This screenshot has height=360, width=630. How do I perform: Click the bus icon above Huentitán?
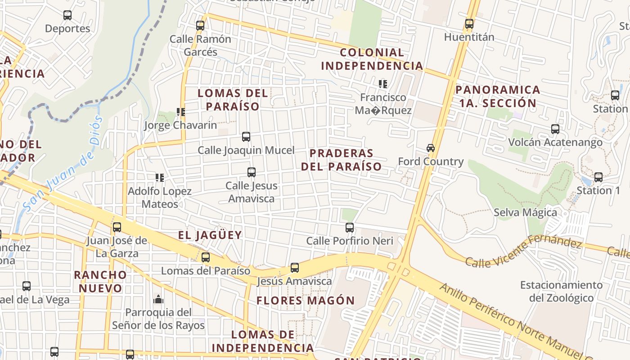469,24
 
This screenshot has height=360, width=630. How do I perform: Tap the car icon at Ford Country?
431,148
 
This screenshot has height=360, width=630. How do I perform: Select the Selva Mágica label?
525,212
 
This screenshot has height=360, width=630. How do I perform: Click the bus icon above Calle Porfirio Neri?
350,228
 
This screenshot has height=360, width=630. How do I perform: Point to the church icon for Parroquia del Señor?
158,299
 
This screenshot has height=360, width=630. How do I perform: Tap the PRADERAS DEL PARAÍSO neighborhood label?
341,160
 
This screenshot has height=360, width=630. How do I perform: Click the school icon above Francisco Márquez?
383,84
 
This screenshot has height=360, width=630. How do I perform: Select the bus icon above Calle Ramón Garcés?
200,26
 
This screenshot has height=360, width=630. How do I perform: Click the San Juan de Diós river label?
63,164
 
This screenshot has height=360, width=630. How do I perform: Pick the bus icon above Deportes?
67,15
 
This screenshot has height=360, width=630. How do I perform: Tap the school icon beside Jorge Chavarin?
181,112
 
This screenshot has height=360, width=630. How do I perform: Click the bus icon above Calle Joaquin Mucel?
246,137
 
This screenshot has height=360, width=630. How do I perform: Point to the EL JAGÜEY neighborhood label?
210,235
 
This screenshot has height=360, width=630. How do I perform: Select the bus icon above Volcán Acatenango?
555,129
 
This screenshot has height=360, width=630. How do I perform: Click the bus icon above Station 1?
598,177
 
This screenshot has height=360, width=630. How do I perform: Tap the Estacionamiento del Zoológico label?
561,291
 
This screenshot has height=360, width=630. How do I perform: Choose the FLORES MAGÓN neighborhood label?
306,300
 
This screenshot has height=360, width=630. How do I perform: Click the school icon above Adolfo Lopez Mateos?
160,178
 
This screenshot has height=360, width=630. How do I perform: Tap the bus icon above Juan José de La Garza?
117,227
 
